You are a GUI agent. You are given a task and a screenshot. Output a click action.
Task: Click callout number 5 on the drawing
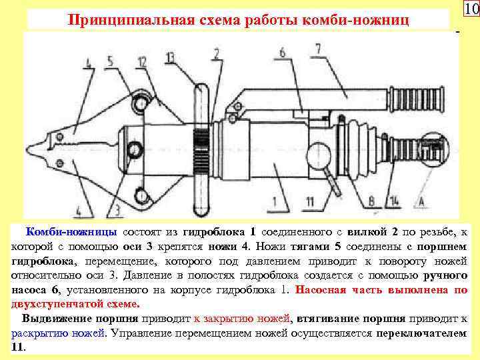(x=110, y=62)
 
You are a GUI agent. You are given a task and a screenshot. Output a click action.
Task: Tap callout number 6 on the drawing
(x=282, y=52)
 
